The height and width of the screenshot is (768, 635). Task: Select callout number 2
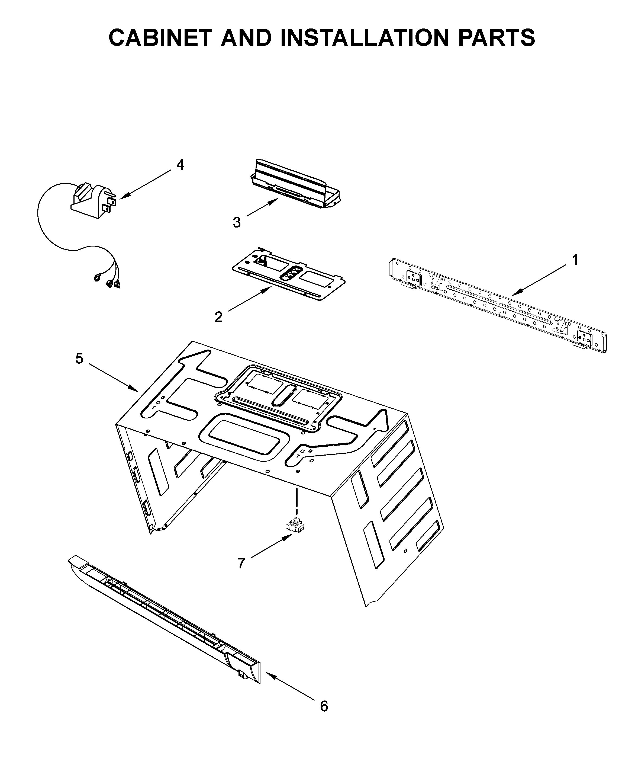click(x=218, y=317)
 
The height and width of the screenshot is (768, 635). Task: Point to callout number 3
click(x=237, y=222)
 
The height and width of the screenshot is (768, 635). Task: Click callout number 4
click(x=180, y=165)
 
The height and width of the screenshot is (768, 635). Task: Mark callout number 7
click(x=241, y=564)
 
